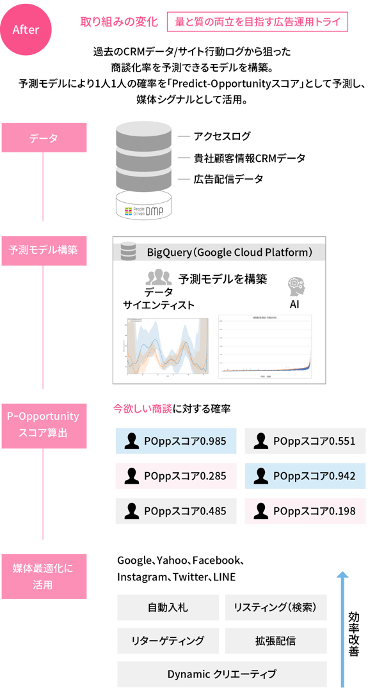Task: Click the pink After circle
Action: [26, 30]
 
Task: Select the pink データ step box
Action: [44, 138]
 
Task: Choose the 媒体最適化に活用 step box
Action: [44, 576]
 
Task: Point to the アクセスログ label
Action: [222, 136]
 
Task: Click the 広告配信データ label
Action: [228, 179]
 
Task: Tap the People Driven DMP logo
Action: [144, 209]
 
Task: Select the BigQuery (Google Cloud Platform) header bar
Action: [219, 252]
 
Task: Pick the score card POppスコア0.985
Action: [176, 441]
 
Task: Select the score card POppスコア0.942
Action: [305, 476]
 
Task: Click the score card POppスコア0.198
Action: [305, 511]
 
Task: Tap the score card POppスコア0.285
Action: [176, 476]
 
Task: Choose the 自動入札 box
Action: [168, 607]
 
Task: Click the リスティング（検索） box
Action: [275, 607]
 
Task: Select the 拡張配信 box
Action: [275, 640]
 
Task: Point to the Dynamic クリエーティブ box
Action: [221, 674]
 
